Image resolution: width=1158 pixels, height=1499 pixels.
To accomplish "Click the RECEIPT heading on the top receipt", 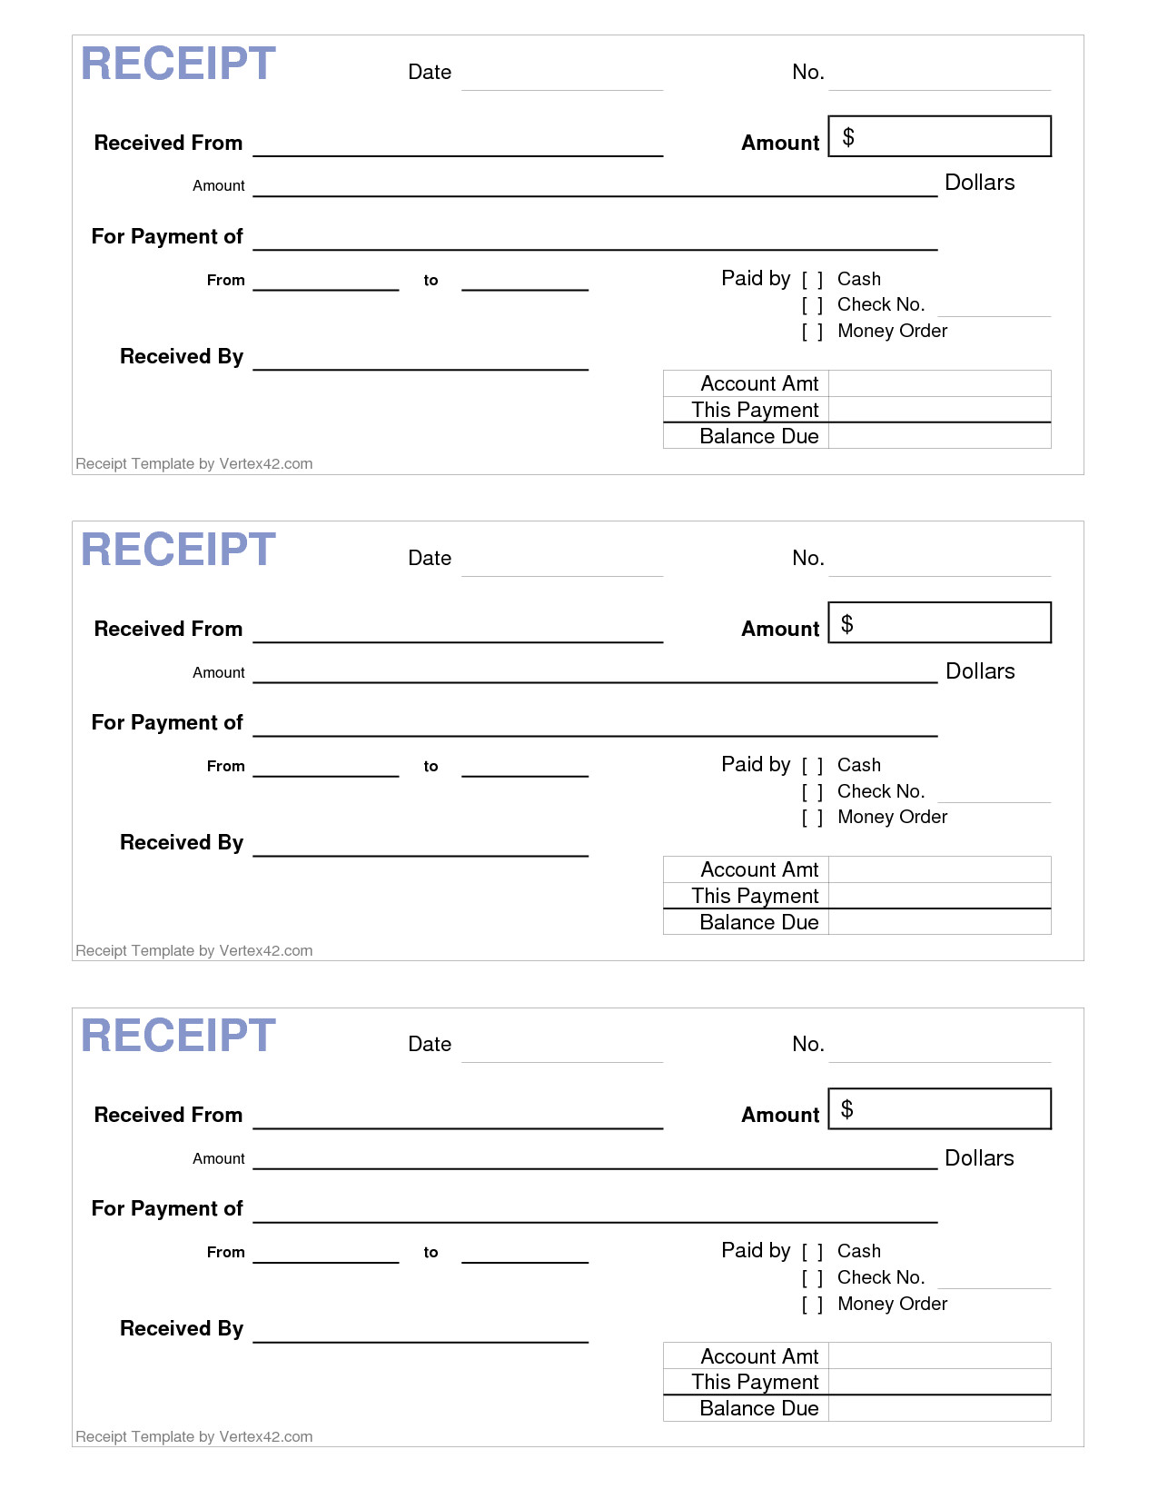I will coord(178,64).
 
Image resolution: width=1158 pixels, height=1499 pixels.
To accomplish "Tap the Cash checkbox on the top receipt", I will coord(813,280).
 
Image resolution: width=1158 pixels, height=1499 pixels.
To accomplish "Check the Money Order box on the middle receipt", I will coord(813,818).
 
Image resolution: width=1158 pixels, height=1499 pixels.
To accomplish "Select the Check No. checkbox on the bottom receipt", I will coord(813,1278).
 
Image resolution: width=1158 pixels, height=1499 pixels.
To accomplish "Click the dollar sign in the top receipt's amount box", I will coord(848,137).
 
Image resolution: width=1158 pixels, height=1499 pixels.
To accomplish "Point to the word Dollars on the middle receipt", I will coord(980,671).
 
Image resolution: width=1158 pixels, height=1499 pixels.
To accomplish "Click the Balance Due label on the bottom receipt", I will coord(758,1408).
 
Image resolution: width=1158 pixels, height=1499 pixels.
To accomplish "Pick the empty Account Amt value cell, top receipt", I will coord(939,383).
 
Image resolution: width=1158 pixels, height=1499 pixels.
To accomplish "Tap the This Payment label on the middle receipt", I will coord(755,896).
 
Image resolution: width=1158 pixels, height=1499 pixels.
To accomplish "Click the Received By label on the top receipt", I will coord(182,356).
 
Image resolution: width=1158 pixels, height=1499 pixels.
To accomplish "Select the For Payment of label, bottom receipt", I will coord(167,1208).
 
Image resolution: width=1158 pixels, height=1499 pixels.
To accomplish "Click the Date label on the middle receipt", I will coord(430,558).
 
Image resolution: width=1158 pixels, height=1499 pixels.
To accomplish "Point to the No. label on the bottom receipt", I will coord(807,1044).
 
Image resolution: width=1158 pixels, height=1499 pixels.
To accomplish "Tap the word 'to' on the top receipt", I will coord(431,281).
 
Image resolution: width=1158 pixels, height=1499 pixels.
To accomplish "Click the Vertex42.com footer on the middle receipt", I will coord(194,950).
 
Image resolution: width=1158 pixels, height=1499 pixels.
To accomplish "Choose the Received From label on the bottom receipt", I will coord(168,1115).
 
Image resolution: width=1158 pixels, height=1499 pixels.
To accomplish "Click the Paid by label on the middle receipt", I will coord(756,764).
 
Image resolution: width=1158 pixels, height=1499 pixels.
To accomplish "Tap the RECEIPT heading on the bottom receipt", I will coord(178,1036).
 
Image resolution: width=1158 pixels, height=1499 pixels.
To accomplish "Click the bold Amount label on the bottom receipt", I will coord(780,1115).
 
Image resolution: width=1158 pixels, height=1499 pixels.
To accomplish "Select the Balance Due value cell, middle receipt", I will coord(939,922).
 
